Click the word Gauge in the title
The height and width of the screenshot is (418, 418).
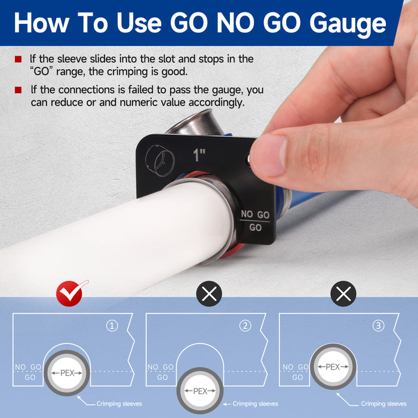click(x=348, y=24)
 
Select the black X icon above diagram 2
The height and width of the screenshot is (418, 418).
click(x=209, y=294)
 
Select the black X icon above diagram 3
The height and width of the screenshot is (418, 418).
click(x=343, y=294)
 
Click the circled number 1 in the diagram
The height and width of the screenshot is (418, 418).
click(x=112, y=326)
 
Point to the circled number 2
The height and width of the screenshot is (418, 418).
click(x=245, y=326)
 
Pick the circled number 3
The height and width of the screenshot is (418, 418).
click(x=379, y=326)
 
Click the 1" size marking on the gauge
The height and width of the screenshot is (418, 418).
click(x=199, y=155)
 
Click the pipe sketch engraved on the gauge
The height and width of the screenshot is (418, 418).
click(x=160, y=161)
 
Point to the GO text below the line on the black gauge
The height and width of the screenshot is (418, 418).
click(x=255, y=228)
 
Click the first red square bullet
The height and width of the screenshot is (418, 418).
click(x=18, y=59)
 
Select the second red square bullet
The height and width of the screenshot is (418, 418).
click(x=18, y=90)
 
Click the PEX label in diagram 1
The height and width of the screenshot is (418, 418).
click(x=67, y=373)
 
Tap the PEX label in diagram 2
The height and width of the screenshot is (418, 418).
click(x=200, y=391)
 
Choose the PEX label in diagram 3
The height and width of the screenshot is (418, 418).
click(x=333, y=367)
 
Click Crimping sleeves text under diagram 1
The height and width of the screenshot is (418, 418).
click(x=119, y=404)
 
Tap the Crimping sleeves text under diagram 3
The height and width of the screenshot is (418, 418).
click(x=384, y=404)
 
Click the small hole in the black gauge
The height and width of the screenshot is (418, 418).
click(x=248, y=159)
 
